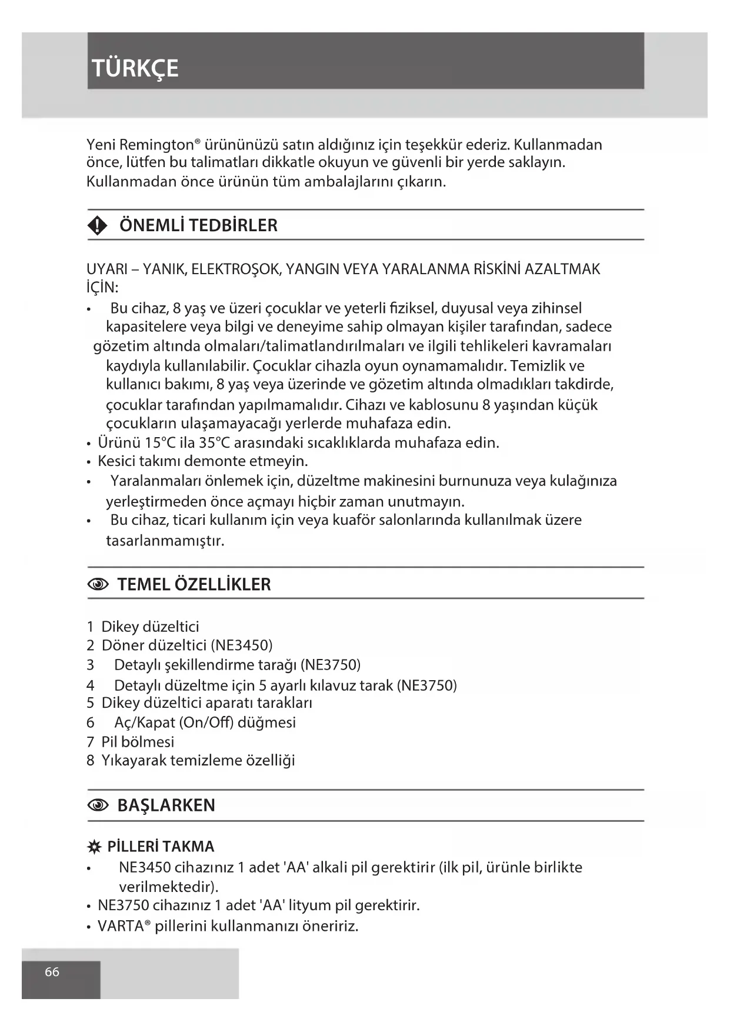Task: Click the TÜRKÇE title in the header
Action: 135,68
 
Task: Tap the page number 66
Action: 52,971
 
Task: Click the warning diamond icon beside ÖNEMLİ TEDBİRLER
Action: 98,225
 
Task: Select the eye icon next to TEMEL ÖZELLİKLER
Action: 98,584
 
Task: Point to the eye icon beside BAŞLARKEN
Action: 98,805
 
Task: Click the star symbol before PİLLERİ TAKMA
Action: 94,847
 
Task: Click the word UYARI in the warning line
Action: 107,269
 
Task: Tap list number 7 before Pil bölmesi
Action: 90,742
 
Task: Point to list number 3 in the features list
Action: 90,665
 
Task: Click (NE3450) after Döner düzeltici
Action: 241,645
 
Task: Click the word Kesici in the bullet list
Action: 115,461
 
